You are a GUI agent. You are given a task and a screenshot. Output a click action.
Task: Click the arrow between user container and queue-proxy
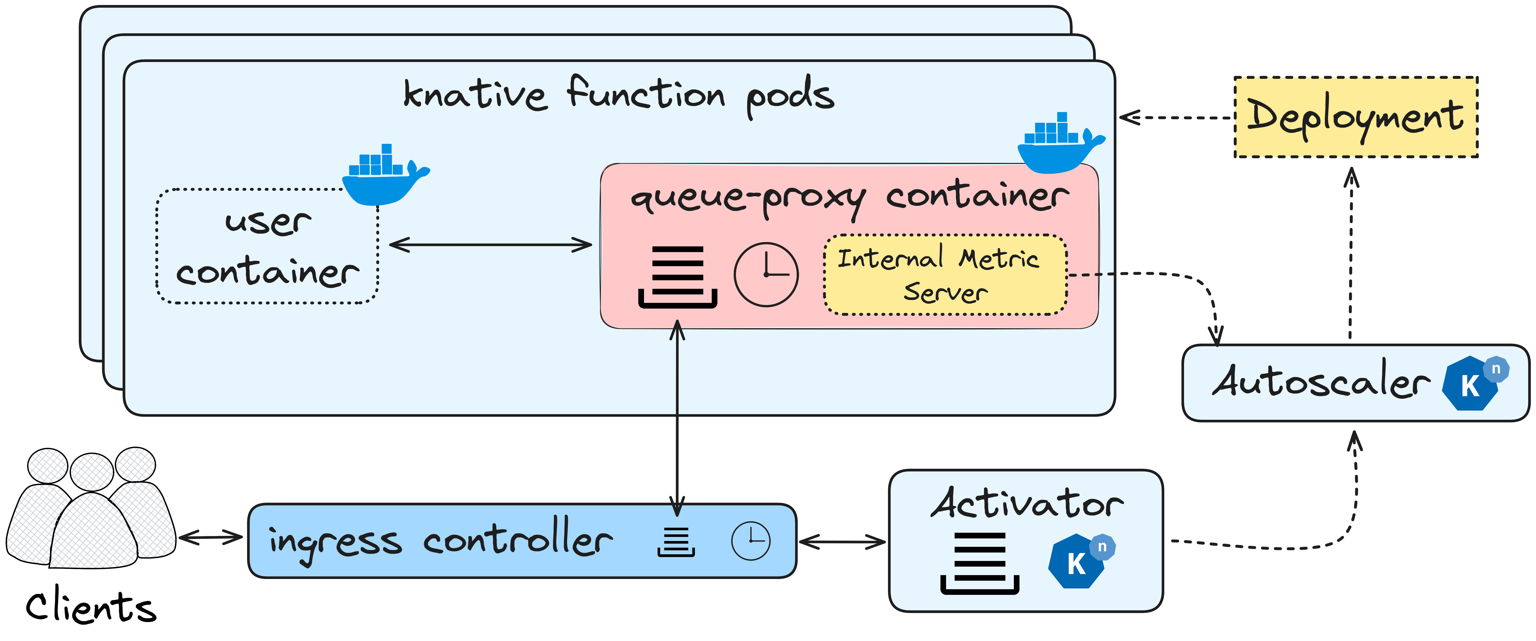[x=490, y=244]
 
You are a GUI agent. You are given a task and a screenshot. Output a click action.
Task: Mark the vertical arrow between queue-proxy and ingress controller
[x=677, y=417]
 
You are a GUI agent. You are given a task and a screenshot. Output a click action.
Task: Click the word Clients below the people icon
[x=91, y=607]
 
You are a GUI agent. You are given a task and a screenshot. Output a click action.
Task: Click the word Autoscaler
[x=1321, y=382]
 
